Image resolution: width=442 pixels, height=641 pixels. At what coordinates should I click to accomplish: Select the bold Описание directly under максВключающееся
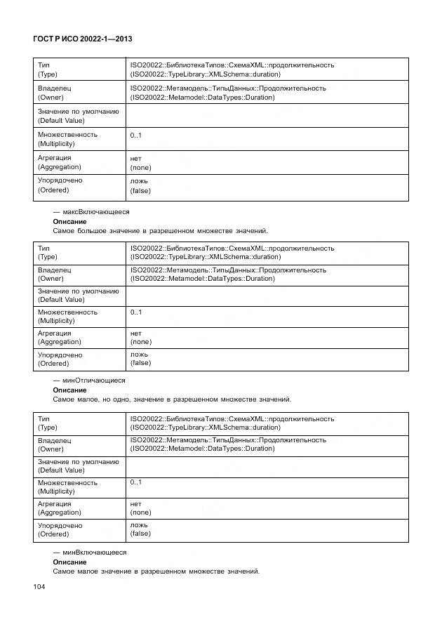coord(69,221)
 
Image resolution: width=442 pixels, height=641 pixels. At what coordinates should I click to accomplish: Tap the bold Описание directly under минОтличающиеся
coord(69,390)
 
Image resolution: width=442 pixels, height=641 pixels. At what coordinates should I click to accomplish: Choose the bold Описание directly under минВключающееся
coord(69,562)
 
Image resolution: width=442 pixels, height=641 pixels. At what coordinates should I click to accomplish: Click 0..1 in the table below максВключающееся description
coord(136,312)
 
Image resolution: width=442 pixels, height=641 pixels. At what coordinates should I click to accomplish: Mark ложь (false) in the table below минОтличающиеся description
coord(140,529)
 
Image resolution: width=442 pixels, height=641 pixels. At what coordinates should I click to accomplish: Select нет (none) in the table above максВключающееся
coord(140,163)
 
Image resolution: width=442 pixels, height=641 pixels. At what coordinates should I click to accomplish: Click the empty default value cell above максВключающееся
coord(267,116)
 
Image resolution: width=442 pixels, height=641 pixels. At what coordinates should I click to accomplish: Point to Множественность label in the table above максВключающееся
coord(67,134)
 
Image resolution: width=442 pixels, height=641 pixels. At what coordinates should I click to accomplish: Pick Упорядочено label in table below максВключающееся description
coord(60,355)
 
